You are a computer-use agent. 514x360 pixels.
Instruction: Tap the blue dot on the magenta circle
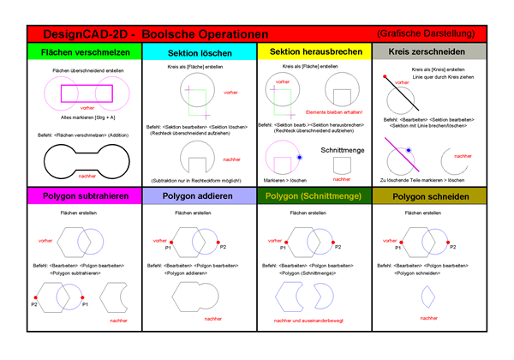(298, 158)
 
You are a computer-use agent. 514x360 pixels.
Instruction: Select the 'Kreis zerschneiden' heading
(427, 51)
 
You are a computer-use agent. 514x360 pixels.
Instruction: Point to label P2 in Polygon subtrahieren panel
(34, 303)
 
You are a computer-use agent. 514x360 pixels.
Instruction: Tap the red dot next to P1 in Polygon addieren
(172, 243)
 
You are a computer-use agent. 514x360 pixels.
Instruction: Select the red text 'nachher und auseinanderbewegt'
(314, 321)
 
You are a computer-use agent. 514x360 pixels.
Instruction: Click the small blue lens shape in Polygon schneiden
(427, 296)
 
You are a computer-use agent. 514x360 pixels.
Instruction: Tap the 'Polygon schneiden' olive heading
(427, 195)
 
